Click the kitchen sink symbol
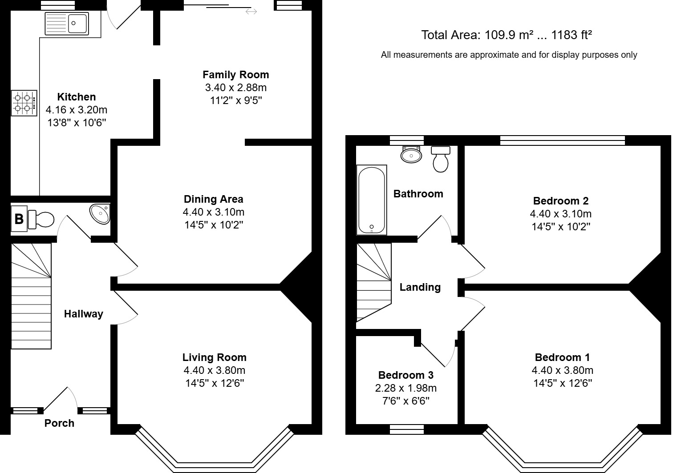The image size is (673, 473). [67, 23]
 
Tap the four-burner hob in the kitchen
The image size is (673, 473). [24, 103]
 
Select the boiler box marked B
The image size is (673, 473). [19, 219]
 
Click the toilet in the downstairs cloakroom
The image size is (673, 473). [41, 219]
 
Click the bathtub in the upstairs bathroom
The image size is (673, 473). [371, 200]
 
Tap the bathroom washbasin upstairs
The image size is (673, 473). [411, 154]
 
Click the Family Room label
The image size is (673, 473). [235, 75]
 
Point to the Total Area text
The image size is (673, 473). [506, 35]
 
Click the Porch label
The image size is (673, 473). [59, 423]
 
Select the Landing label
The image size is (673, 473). [420, 287]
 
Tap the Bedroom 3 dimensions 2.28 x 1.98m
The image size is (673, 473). [405, 388]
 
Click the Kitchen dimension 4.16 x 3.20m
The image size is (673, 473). [77, 109]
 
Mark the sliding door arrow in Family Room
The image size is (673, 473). [251, 12]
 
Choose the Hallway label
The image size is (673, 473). [83, 314]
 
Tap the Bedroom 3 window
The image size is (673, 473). [406, 429]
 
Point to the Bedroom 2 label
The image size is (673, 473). [560, 200]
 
